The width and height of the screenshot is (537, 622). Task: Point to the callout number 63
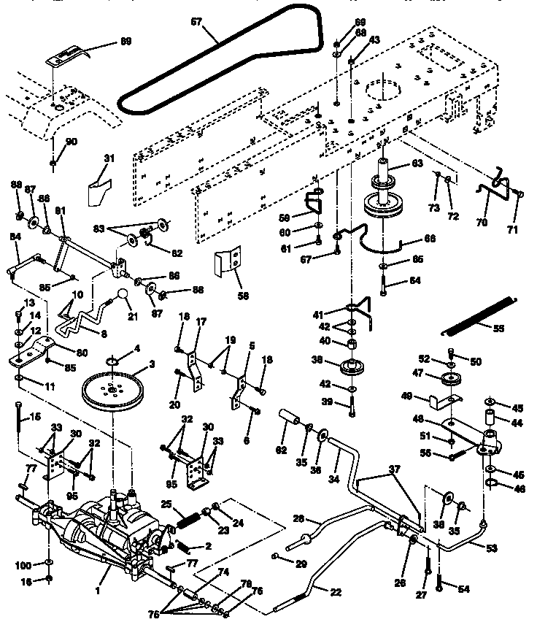[x=417, y=164]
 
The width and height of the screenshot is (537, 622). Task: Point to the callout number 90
[x=72, y=141]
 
